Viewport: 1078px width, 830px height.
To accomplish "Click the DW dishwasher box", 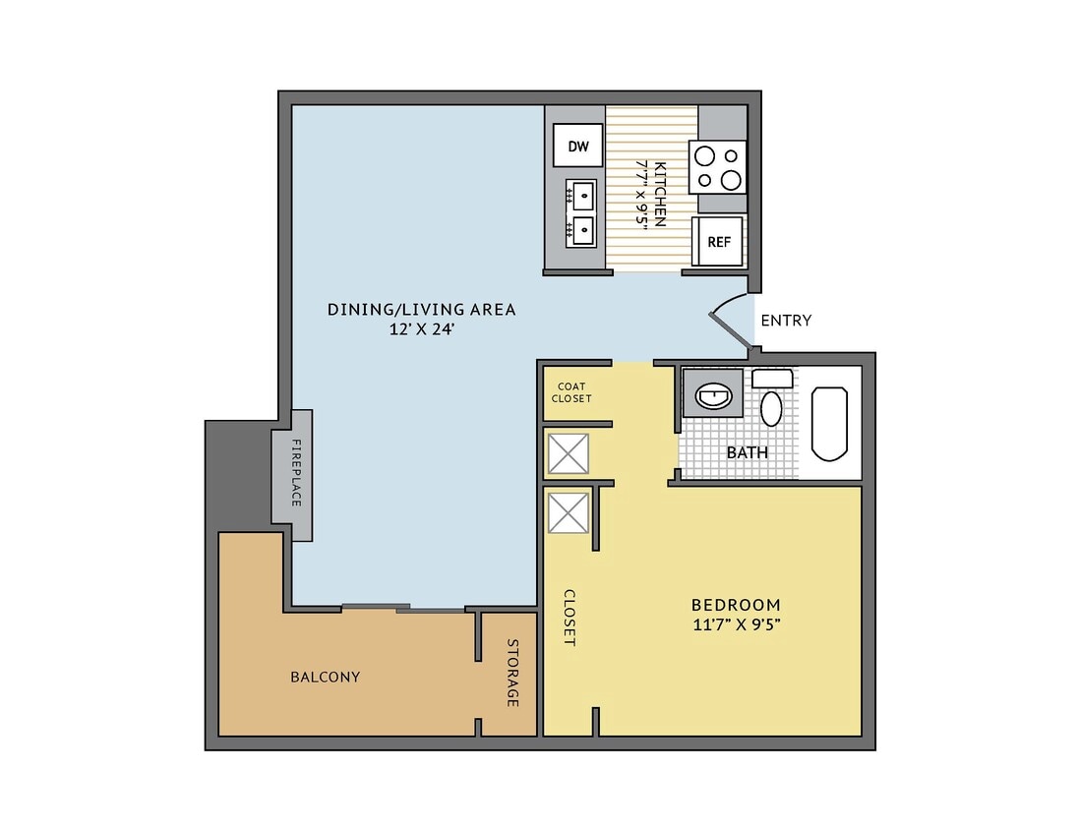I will coord(578,148).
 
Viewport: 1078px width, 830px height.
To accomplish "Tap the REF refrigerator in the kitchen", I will coord(719,241).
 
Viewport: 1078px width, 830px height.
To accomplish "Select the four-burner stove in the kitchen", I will coord(718,166).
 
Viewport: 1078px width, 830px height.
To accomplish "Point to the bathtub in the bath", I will coord(828,423).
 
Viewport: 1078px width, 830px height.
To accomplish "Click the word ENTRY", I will coord(786,321).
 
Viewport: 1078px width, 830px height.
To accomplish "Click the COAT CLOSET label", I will coord(571,392).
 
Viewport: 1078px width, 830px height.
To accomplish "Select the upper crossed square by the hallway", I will coord(568,454).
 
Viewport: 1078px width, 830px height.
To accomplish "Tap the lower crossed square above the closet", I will coord(568,514).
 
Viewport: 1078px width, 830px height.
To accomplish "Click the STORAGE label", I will coord(511,673).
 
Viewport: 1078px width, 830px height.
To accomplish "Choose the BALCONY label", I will coord(325,677).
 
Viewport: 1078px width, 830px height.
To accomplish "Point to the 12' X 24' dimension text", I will coord(421,330).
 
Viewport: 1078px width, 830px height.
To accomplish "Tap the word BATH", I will coord(747,453).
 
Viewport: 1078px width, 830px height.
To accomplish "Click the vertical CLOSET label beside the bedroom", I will coord(569,618).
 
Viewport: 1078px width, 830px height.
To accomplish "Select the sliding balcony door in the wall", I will coord(403,610).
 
